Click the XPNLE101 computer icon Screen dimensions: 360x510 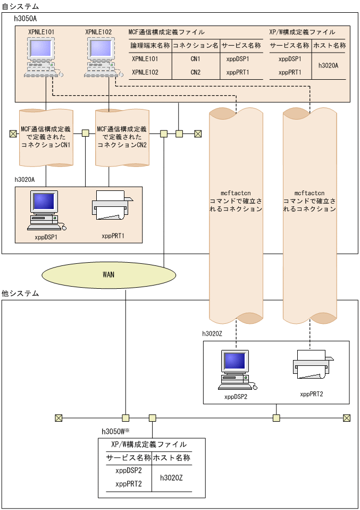43,57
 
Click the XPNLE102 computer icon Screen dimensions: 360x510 103,57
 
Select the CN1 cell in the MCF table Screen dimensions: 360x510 196,59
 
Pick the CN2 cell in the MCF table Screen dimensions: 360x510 196,72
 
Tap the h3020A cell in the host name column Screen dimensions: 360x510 328,65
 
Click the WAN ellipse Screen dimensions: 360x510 108,275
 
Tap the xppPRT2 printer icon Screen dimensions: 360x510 313,364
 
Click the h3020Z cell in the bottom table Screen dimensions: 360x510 171,478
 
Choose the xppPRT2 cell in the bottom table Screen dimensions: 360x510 129,484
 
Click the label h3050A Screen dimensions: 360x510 26,19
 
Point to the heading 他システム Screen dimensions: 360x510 20,294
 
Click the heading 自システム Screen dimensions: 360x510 20,6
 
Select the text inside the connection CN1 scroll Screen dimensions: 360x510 46,137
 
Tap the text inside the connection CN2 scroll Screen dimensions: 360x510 122,137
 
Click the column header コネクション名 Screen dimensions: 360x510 196,46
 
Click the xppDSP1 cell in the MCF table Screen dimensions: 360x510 238,59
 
